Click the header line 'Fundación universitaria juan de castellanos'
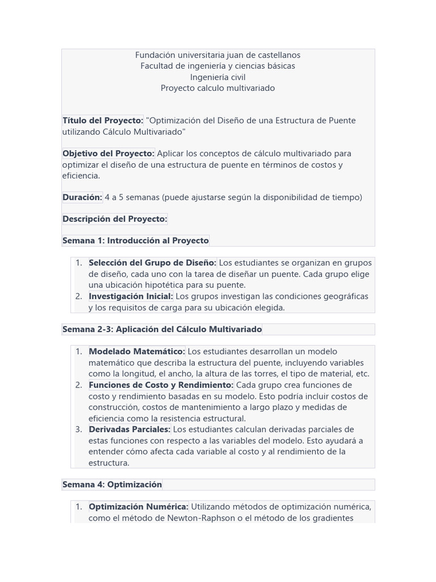217,55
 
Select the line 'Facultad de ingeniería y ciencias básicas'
217,66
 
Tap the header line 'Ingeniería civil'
217,77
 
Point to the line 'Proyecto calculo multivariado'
217,88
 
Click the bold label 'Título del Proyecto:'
103,120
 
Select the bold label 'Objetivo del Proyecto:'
108,153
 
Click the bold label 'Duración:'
82,197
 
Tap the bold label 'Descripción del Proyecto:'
115,219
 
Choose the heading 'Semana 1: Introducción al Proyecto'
136,240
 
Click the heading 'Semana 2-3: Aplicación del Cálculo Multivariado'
162,329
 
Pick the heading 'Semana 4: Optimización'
112,484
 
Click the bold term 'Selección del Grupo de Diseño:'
153,263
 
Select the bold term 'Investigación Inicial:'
131,296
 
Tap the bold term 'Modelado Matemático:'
137,351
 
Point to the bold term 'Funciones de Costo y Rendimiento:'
161,385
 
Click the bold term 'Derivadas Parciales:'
129,429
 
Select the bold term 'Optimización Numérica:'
139,506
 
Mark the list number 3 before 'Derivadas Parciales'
79,429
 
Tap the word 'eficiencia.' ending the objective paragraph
81,176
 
